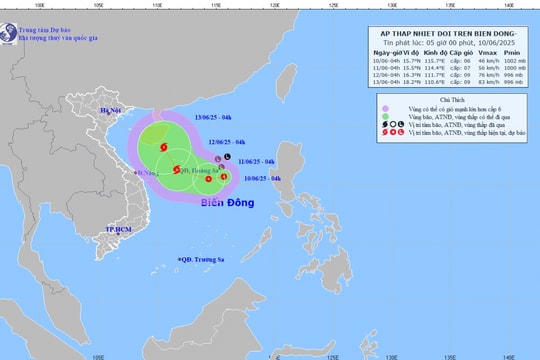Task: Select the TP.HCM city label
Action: click(x=120, y=229)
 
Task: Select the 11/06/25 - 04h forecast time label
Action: click(x=256, y=161)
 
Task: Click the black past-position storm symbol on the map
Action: click(x=227, y=158)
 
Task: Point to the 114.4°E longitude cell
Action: click(x=438, y=69)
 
